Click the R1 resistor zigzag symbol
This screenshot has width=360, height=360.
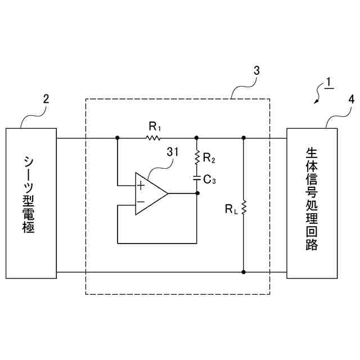tap(152, 137)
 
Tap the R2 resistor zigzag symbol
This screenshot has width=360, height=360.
tap(197, 156)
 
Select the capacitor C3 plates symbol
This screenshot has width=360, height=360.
tap(197, 178)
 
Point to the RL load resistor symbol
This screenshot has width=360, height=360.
tap(244, 209)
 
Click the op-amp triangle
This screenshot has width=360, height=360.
tap(150, 193)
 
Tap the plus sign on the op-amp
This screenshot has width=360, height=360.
tap(141, 184)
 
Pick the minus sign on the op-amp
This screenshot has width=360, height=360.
tap(141, 201)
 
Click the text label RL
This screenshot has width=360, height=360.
tap(231, 209)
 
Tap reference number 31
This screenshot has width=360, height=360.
tap(173, 151)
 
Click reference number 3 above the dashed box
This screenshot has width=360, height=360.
tap(256, 71)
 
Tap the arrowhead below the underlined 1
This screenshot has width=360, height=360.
tap(316, 101)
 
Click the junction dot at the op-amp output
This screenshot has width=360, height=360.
tap(197, 193)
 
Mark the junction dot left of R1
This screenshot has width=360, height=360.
tap(118, 137)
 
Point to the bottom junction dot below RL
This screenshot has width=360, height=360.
tap(244, 272)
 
